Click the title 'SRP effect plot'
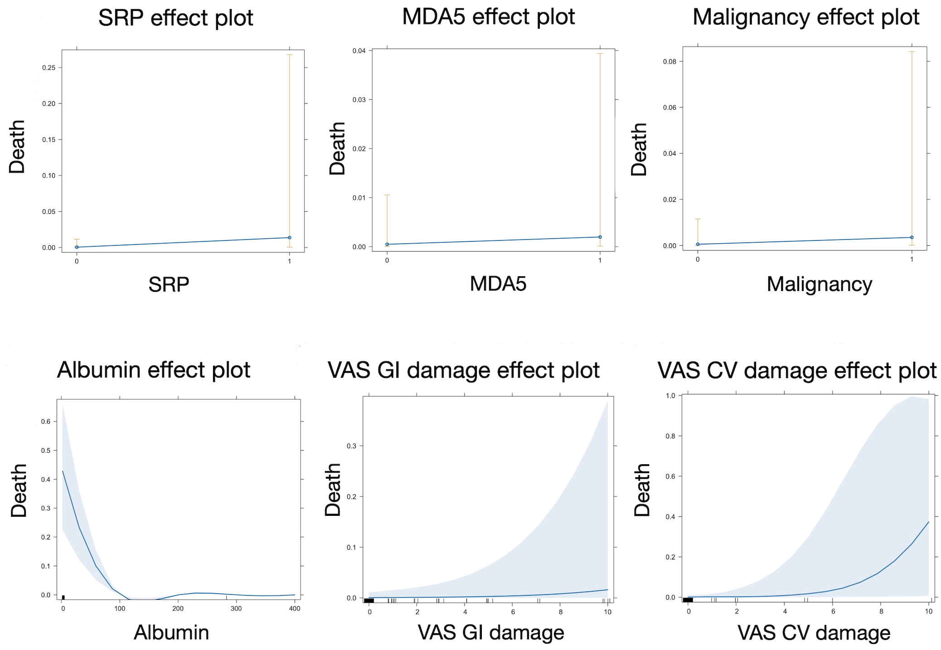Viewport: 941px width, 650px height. coord(175,18)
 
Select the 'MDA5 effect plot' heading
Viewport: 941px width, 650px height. coord(488,17)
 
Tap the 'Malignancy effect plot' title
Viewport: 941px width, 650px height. coord(806,17)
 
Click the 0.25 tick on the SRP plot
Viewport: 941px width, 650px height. coord(49,68)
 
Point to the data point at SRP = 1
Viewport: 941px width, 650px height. coord(290,238)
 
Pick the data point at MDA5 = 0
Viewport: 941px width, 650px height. coord(387,244)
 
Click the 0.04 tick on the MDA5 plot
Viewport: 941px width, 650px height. coord(359,51)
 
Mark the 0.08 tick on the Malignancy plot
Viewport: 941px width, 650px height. coord(669,62)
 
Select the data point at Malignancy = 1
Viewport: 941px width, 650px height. coord(912,238)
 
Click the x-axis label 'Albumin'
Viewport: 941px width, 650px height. coord(171,632)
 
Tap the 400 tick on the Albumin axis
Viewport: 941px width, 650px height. coord(295,609)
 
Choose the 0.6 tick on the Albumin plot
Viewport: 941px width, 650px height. coord(46,422)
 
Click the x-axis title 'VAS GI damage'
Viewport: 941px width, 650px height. coord(491,632)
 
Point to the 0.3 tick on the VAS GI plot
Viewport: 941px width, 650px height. coord(352,446)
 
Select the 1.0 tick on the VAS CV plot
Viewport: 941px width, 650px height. coord(670,396)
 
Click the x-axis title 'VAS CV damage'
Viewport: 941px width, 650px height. coord(814,633)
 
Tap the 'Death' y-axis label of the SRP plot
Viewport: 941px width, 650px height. coord(17,147)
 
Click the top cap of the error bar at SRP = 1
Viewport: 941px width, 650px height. coord(290,55)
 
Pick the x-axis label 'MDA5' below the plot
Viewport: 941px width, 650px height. coord(498,284)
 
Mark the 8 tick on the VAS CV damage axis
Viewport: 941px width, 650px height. coord(881,611)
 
